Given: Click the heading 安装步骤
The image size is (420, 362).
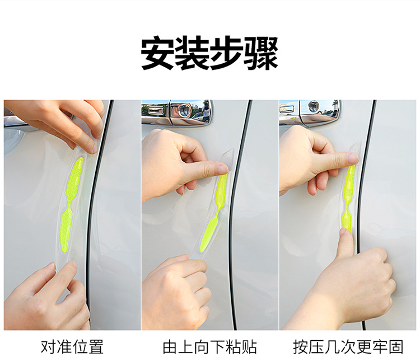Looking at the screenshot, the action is [209, 54].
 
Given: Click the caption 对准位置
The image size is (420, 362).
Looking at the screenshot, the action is [72, 347].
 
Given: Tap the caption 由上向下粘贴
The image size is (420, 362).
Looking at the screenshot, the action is [210, 347].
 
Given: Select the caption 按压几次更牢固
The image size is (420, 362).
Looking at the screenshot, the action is [348, 347].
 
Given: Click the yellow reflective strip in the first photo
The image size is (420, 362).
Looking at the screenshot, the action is [70, 205].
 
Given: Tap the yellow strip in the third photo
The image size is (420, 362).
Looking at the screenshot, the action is [349, 199].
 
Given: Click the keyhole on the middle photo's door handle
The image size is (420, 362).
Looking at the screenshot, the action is [185, 110].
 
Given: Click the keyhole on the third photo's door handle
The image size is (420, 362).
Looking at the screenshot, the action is [314, 105].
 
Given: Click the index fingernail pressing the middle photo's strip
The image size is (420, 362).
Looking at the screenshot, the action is [222, 169].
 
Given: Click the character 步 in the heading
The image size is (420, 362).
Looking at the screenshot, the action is [227, 54].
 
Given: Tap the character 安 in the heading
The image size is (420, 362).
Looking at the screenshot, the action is [158, 54].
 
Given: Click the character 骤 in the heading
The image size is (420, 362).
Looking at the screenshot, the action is [261, 54].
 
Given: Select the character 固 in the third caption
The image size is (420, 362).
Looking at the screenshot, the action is [395, 347].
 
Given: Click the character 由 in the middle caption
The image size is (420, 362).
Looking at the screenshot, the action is [170, 347].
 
